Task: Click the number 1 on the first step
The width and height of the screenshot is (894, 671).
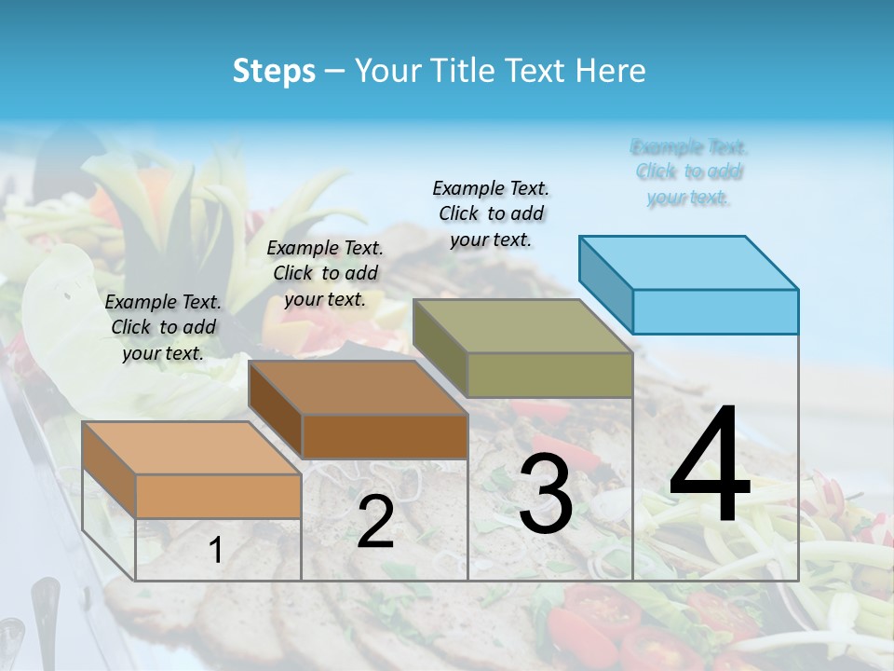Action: click(216, 551)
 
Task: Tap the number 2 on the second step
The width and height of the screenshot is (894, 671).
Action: click(375, 523)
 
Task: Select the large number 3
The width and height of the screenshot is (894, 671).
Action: click(546, 495)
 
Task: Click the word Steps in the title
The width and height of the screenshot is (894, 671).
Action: click(274, 71)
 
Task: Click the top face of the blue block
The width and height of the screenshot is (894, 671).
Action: click(689, 263)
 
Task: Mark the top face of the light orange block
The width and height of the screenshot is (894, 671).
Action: click(192, 448)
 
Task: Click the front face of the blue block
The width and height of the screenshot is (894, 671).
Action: click(715, 311)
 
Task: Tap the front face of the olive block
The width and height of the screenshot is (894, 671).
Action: click(549, 376)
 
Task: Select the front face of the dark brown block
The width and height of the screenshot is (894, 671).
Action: click(385, 437)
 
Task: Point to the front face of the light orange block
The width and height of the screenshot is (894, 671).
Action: click(218, 496)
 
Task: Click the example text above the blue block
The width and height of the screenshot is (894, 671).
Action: click(689, 172)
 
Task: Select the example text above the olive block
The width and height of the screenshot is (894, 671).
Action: click(491, 213)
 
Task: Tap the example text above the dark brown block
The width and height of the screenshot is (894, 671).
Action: click(325, 273)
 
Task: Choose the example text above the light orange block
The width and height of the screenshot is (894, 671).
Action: click(163, 327)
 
